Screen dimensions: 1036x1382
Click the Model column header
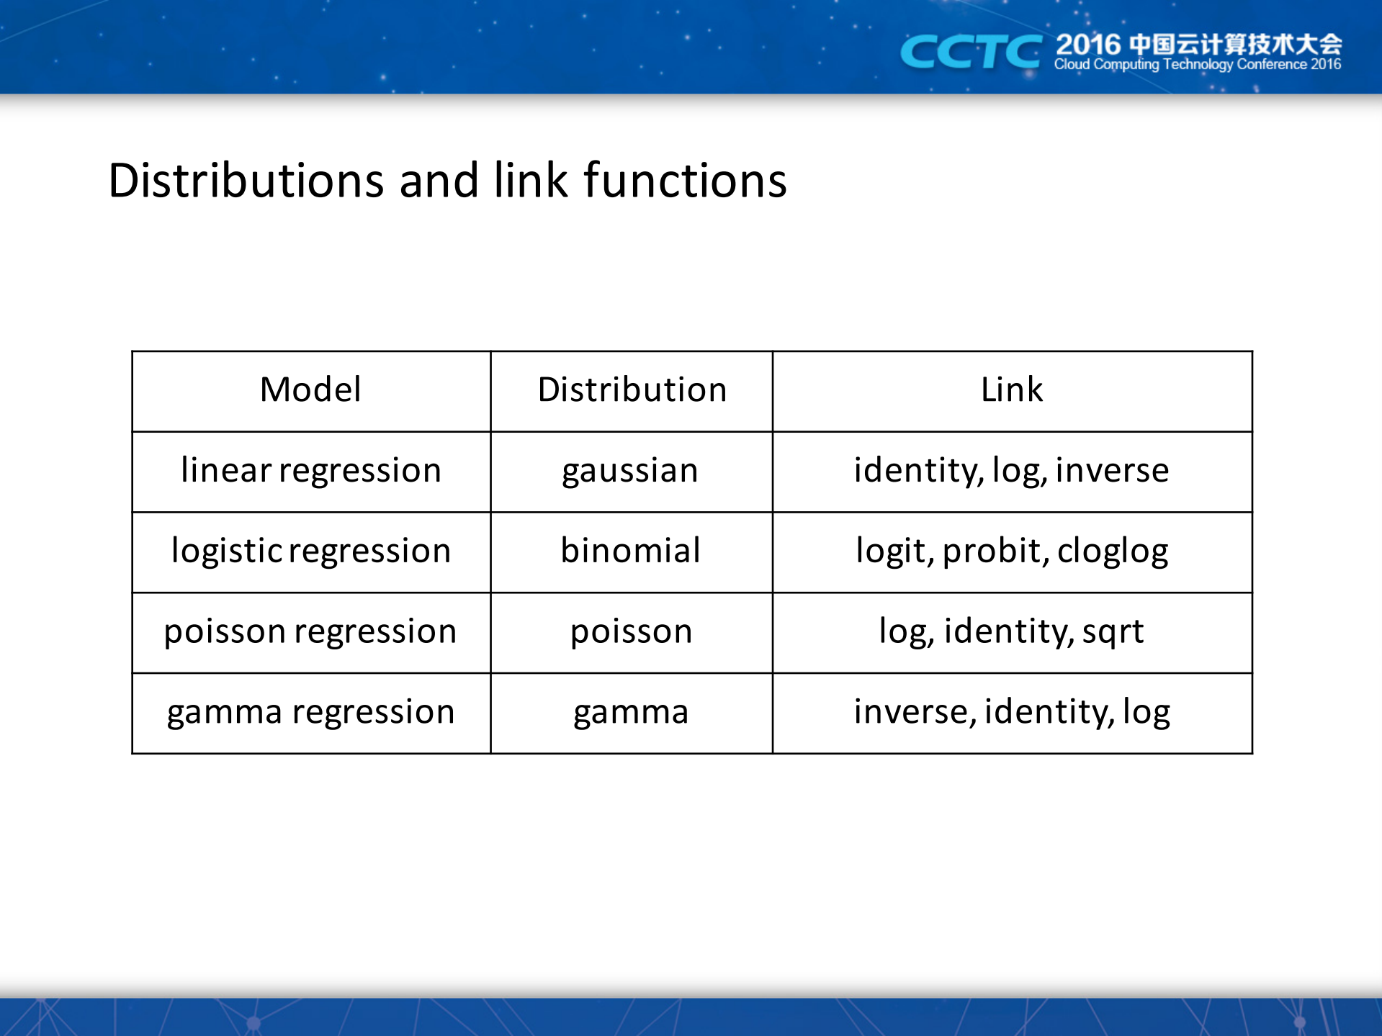310,390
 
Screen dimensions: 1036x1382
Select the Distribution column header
632,390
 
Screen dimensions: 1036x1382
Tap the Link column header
1012,390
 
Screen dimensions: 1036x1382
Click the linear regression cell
310,471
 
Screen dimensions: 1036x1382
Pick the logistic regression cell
310,551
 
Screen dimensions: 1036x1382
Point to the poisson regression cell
310,632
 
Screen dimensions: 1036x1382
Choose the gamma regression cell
310,713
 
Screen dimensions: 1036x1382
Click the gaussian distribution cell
630,472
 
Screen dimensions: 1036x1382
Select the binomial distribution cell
630,551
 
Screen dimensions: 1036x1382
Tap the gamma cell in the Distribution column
631,713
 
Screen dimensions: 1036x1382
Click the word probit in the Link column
992,551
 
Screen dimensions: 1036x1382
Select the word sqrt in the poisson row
1113,633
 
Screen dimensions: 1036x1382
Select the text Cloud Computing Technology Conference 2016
1197,65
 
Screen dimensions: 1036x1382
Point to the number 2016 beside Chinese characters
1087,45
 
